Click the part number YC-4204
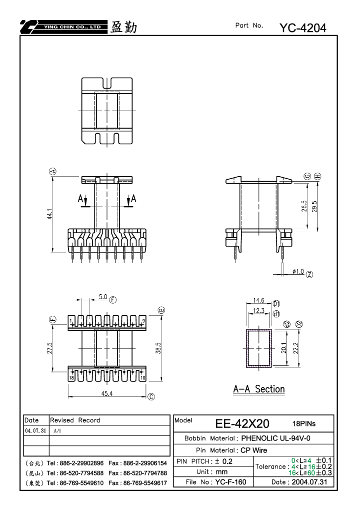[302, 28]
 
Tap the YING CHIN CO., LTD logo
[63, 27]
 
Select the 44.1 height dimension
[49, 214]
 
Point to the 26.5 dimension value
[304, 206]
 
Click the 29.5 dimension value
[314, 206]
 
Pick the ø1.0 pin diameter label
[298, 271]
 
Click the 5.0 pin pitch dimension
[103, 297]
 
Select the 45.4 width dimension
[106, 393]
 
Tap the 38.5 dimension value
[158, 348]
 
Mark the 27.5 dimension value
[49, 348]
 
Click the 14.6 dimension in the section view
[258, 300]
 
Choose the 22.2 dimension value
[295, 348]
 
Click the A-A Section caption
[259, 389]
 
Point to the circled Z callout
[309, 274]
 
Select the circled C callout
[151, 397]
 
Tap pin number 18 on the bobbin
[71, 378]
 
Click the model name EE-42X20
[242, 423]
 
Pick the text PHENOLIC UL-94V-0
[275, 438]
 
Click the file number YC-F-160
[230, 482]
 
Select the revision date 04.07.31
[35, 431]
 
